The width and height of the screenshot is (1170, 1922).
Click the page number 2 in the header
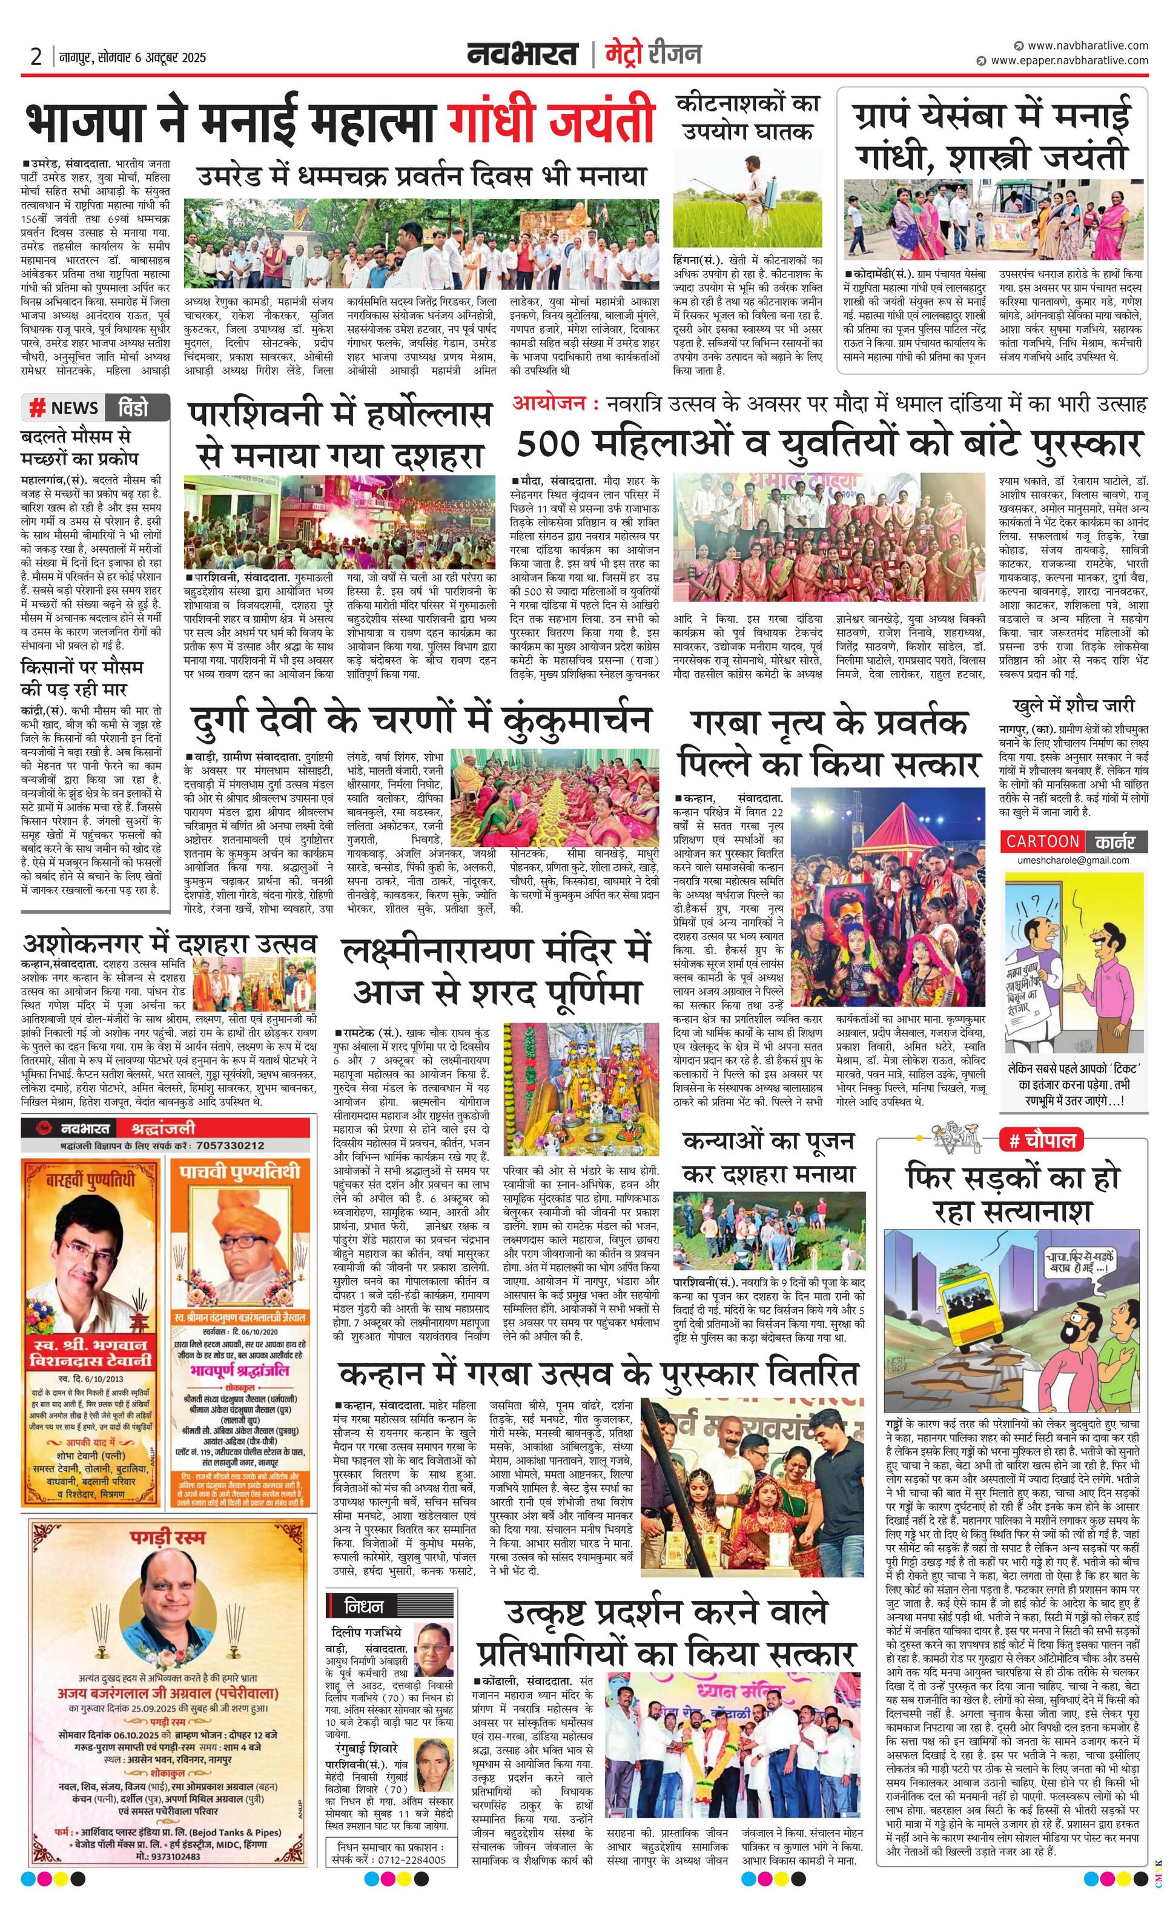click(x=35, y=57)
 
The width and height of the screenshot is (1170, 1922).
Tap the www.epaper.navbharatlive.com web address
click(x=1069, y=61)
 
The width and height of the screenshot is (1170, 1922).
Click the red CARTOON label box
click(x=1042, y=841)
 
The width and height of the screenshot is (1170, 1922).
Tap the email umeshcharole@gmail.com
click(x=1072, y=860)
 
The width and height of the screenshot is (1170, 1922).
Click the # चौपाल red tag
click(x=1041, y=1141)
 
